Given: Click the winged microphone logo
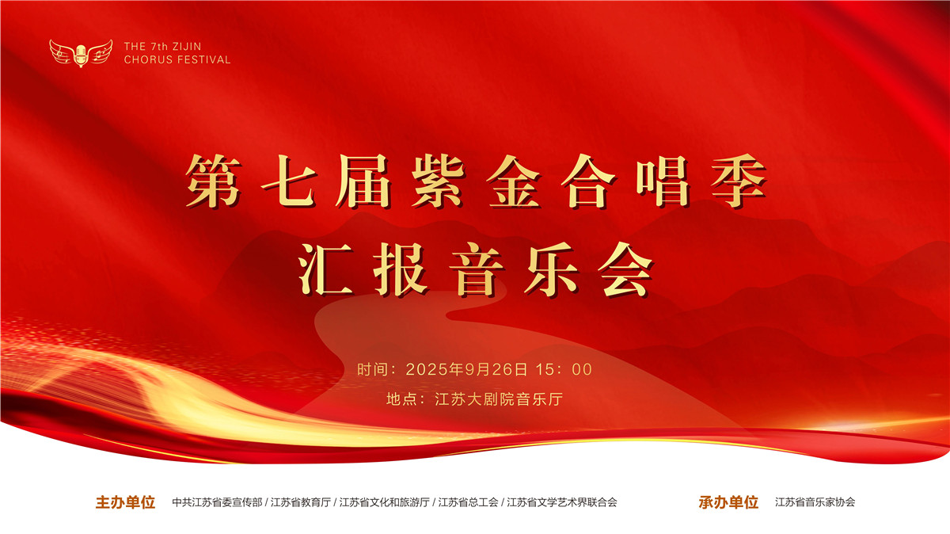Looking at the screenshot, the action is tap(81, 53).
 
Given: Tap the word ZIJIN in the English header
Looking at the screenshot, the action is tap(187, 46).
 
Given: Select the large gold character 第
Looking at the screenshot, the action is tap(213, 181).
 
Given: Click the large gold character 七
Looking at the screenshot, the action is tap(289, 181).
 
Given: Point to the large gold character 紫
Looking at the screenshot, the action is tap(439, 181).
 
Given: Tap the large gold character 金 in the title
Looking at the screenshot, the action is tap(514, 181).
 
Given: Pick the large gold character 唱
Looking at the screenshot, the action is tap(663, 181).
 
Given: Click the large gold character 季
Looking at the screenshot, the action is tap(739, 181).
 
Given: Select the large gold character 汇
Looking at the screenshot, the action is tap(326, 269).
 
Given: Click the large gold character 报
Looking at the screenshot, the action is tap(401, 269).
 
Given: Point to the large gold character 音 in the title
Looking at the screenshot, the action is tap(477, 269).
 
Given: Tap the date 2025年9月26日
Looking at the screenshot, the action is tap(466, 370).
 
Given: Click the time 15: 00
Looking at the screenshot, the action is tap(564, 370).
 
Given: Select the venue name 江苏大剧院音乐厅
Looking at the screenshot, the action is tap(499, 399).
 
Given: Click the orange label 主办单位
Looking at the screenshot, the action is tap(125, 502).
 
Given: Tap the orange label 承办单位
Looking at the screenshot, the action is tap(728, 502).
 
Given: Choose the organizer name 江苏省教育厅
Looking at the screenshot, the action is tap(301, 502).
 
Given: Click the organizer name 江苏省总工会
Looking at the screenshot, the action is tap(468, 502).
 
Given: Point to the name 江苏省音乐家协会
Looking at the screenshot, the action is tap(815, 502).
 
